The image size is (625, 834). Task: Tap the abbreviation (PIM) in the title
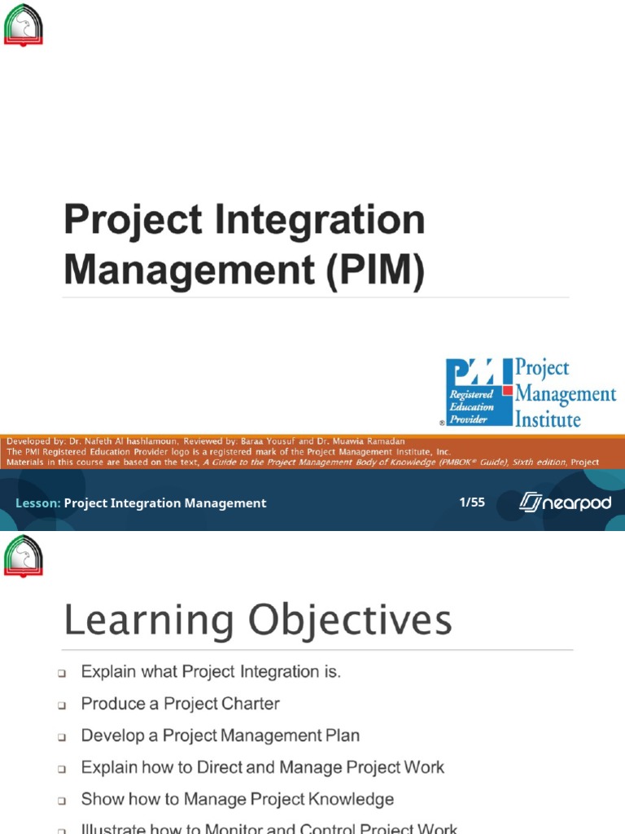(375, 271)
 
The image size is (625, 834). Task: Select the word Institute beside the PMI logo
(549, 419)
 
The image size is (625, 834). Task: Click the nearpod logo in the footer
(565, 503)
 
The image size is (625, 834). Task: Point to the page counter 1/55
(472, 503)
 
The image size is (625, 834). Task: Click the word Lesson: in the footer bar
(37, 503)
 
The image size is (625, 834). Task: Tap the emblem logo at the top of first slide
(23, 25)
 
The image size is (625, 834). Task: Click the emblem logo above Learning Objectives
(23, 556)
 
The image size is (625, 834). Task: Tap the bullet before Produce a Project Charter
(61, 705)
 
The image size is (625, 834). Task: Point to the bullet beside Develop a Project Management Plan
(61, 737)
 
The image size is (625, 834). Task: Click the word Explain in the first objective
(107, 672)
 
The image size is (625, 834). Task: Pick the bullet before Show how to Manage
(61, 801)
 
